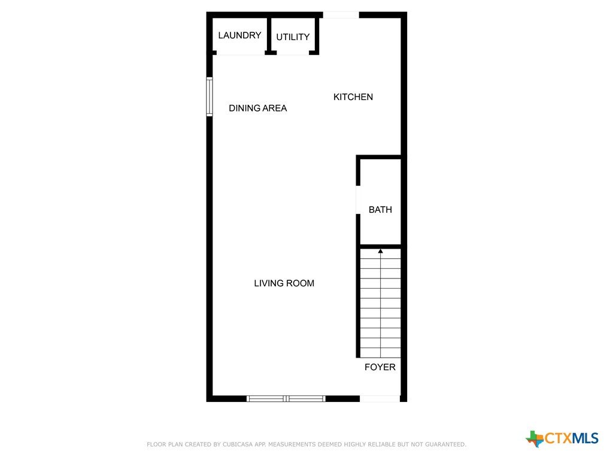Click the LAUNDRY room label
239,35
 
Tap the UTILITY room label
293,37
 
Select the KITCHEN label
353,97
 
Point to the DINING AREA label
257,108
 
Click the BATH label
380,210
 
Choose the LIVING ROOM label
284,283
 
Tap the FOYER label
380,367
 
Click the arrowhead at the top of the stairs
380,251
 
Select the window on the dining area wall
210,96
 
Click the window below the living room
286,398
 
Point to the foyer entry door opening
380,398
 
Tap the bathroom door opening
358,199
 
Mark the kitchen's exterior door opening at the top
341,15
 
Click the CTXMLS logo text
572,438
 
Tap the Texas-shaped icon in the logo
535,438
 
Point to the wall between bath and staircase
380,246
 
